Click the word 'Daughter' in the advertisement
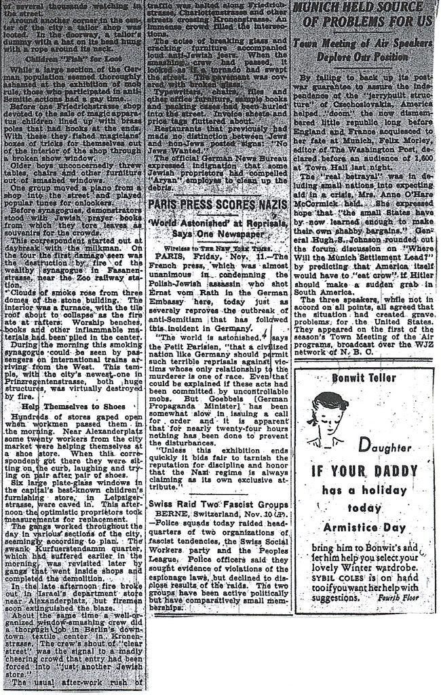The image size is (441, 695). coord(385,447)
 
